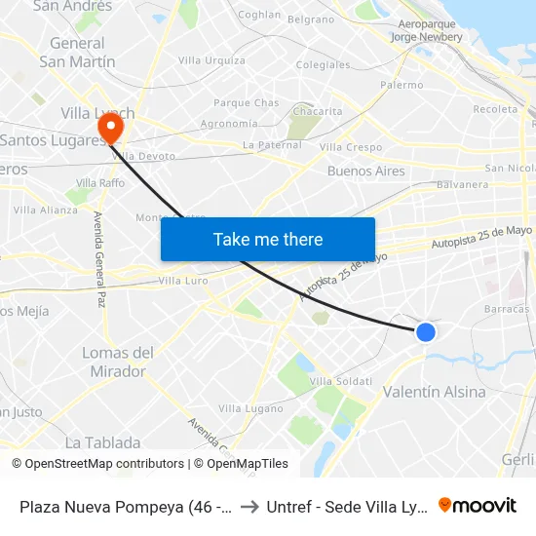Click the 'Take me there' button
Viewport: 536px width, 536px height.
coord(268,239)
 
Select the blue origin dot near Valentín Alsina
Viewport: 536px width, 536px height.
coord(425,331)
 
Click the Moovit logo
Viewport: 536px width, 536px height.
coord(478,506)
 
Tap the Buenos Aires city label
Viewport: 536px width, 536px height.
coord(365,171)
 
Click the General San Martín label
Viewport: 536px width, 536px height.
coord(77,53)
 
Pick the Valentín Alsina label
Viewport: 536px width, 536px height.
coord(435,392)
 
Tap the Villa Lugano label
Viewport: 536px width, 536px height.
coord(250,408)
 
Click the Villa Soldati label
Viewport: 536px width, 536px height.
coord(340,380)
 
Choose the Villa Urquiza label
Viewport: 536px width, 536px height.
coord(213,60)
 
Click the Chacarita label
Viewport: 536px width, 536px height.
coord(318,112)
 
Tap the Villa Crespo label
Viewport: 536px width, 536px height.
coord(351,147)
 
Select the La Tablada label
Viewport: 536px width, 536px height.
coord(102,442)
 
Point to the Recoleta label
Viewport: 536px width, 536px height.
coord(495,109)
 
